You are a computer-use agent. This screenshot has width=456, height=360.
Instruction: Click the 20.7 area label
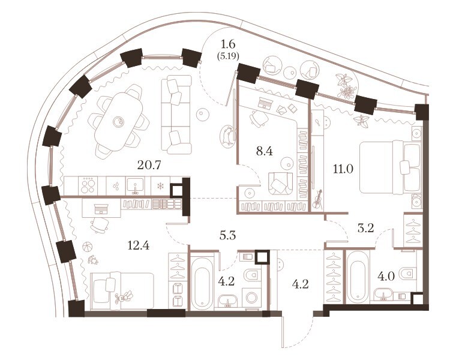(x=149, y=166)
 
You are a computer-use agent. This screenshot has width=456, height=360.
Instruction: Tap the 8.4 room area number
(x=264, y=151)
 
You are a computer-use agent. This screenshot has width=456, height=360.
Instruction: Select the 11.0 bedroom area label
(x=343, y=169)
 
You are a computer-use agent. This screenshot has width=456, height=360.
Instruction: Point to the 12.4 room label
(x=139, y=246)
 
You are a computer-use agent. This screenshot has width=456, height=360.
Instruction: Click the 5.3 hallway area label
(x=228, y=236)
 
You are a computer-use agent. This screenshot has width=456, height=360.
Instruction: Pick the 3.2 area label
(x=365, y=228)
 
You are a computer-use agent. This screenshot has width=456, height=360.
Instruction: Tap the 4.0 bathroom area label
(x=386, y=276)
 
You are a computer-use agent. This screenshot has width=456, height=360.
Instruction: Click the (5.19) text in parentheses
(x=228, y=56)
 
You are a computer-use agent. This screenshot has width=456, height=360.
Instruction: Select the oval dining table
(x=119, y=121)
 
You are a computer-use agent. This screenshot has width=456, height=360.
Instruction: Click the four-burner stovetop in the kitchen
(x=88, y=185)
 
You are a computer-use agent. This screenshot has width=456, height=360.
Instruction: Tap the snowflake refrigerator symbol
(x=160, y=185)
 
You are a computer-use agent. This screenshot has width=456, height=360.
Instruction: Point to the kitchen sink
(x=135, y=186)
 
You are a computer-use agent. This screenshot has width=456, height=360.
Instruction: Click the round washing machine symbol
(x=251, y=298)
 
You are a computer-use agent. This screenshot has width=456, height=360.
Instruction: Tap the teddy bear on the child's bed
(x=124, y=297)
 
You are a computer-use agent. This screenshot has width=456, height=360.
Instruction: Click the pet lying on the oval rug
(x=228, y=136)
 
